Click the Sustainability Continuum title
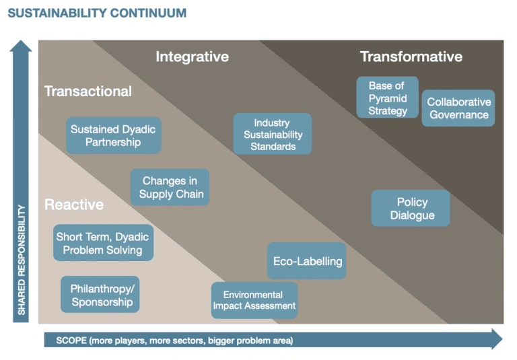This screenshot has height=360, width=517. tap(97, 13)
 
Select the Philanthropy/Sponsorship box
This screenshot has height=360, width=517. tap(100, 295)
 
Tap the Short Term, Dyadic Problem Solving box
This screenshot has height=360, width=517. tap(102, 243)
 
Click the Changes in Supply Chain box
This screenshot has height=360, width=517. tap(170, 187)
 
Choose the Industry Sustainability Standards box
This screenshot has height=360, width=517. tap(272, 134)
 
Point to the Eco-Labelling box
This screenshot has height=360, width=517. tap(307, 261)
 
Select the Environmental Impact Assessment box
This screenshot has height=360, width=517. tap(254, 300)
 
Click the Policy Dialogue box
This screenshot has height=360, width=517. tap(411, 208)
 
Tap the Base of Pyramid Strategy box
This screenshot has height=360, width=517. tap(387, 98)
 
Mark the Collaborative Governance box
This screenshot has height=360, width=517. tap(458, 108)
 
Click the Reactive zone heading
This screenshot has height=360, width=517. tap(74, 205)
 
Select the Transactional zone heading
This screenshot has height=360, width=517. tap(88, 91)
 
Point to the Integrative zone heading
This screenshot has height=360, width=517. tap(192, 57)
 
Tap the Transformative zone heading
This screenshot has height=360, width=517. tap(411, 57)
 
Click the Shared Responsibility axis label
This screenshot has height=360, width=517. tap(22, 260)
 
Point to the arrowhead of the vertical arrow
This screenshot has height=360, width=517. tap(22, 46)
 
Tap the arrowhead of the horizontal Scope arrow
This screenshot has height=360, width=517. tap(496, 339)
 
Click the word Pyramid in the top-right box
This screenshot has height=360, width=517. tap(387, 98)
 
